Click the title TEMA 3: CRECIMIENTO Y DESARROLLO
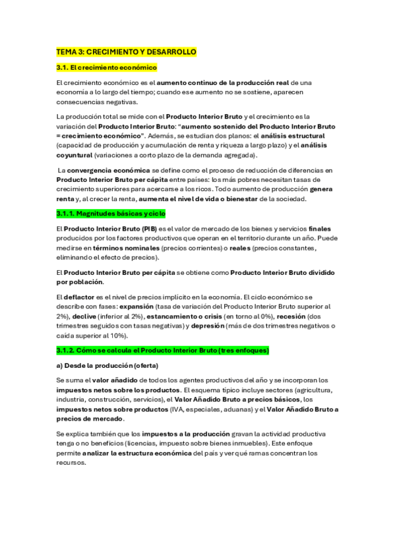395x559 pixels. tap(127, 51)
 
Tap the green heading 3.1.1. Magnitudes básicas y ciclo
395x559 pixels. tap(111, 214)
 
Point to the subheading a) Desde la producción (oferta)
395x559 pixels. tap(107, 365)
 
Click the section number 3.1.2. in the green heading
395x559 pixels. tap(68, 349)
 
